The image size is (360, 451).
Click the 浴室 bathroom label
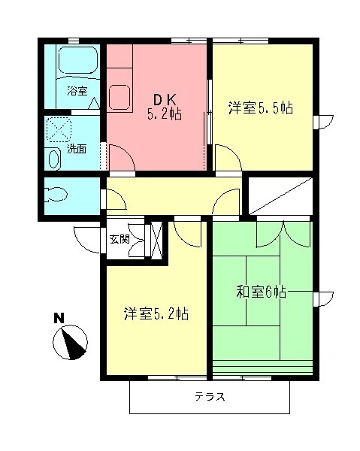pyautogui.click(x=77, y=92)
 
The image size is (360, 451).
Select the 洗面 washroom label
pyautogui.click(x=77, y=149)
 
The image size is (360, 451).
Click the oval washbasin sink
pyautogui.click(x=54, y=159)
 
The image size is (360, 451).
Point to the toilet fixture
pyautogui.click(x=57, y=195)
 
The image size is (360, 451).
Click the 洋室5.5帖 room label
pyautogui.click(x=260, y=107)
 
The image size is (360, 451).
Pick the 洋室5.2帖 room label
pyautogui.click(x=156, y=314)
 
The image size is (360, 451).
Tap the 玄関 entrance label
pyautogui.click(x=119, y=240)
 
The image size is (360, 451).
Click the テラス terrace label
pyautogui.click(x=210, y=396)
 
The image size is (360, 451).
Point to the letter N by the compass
pyautogui.click(x=58, y=318)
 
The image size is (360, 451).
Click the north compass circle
pyautogui.click(x=71, y=343)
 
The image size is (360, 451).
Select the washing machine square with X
pyautogui.click(x=60, y=130)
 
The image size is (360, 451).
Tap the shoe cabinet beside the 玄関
pyautogui.click(x=157, y=241)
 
